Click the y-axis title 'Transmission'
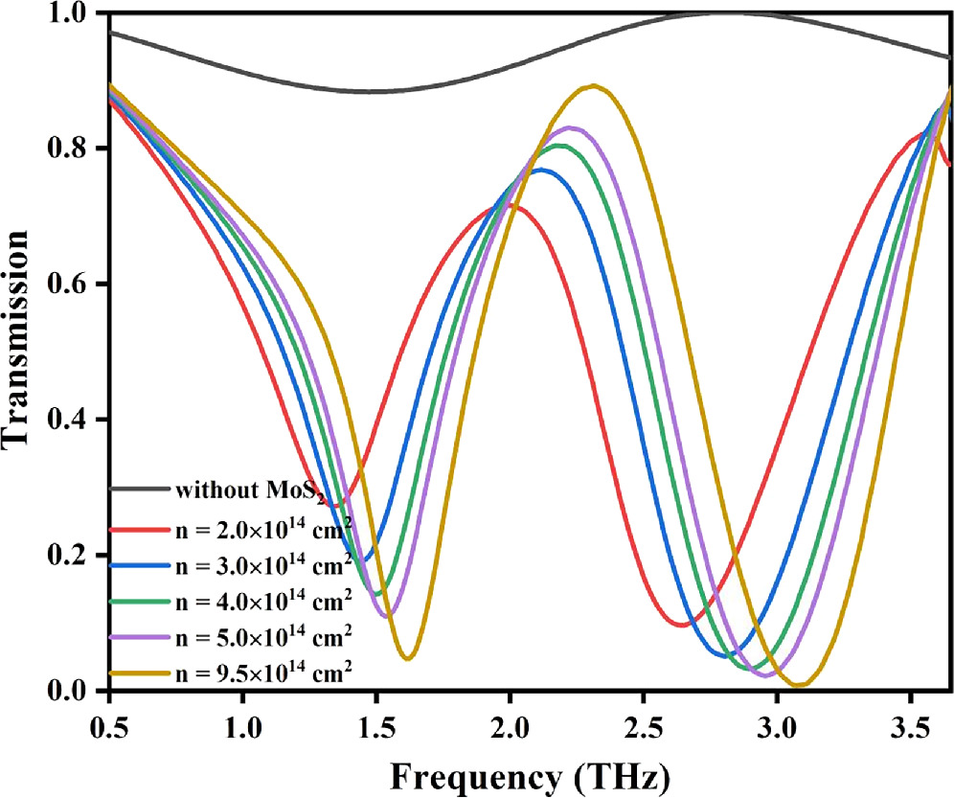coord(21,353)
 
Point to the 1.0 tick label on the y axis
coord(72,13)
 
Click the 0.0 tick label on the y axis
coord(72,691)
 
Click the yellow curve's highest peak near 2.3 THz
coord(594,85)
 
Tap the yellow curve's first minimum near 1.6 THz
coord(408,658)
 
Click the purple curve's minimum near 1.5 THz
coord(386,617)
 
